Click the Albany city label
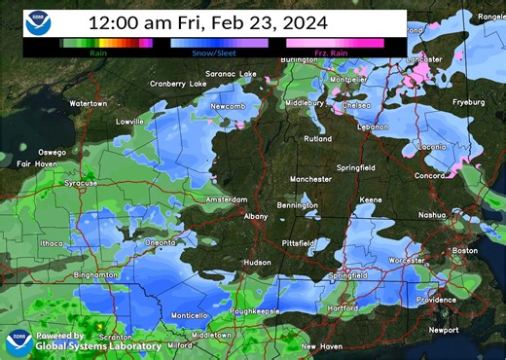pos(255,216)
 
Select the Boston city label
pos(465,250)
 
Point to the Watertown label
pos(88,102)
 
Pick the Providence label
pos(436,300)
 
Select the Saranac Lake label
pos(231,74)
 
